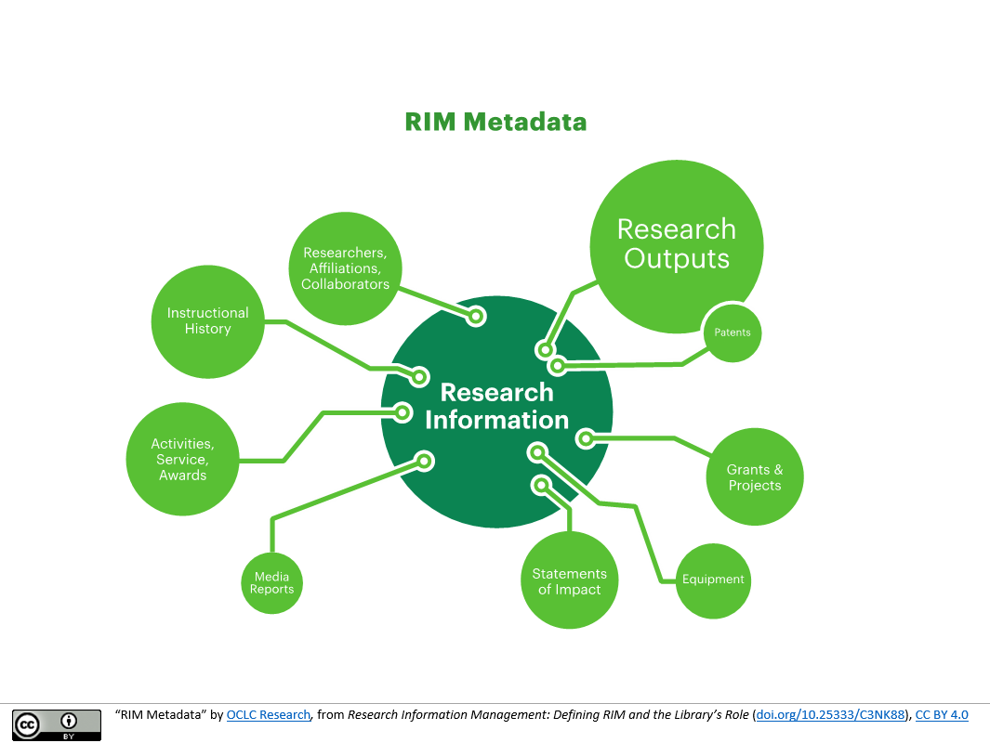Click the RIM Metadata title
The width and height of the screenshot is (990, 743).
495,122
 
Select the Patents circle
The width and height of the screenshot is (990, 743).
732,332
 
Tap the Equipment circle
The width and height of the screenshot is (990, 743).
713,580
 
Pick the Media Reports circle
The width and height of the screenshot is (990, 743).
271,583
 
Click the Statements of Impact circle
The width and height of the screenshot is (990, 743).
569,581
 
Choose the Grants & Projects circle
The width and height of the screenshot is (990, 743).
755,477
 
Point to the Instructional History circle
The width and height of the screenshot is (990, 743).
207,321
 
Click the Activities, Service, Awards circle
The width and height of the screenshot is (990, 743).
182,459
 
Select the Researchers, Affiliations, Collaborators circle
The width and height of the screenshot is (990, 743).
345,268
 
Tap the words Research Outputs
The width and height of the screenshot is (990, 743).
676,243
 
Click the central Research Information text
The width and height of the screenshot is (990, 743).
496,406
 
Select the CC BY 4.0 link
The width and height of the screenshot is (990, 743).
942,715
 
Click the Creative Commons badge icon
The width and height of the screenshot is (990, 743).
57,724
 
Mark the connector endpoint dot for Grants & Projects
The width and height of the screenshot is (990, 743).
586,437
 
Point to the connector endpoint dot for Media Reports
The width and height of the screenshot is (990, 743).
424,460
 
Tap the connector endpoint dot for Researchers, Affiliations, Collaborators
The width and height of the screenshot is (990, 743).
476,317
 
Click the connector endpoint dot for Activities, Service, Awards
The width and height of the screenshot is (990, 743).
403,412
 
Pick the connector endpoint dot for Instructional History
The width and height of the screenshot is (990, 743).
420,376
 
